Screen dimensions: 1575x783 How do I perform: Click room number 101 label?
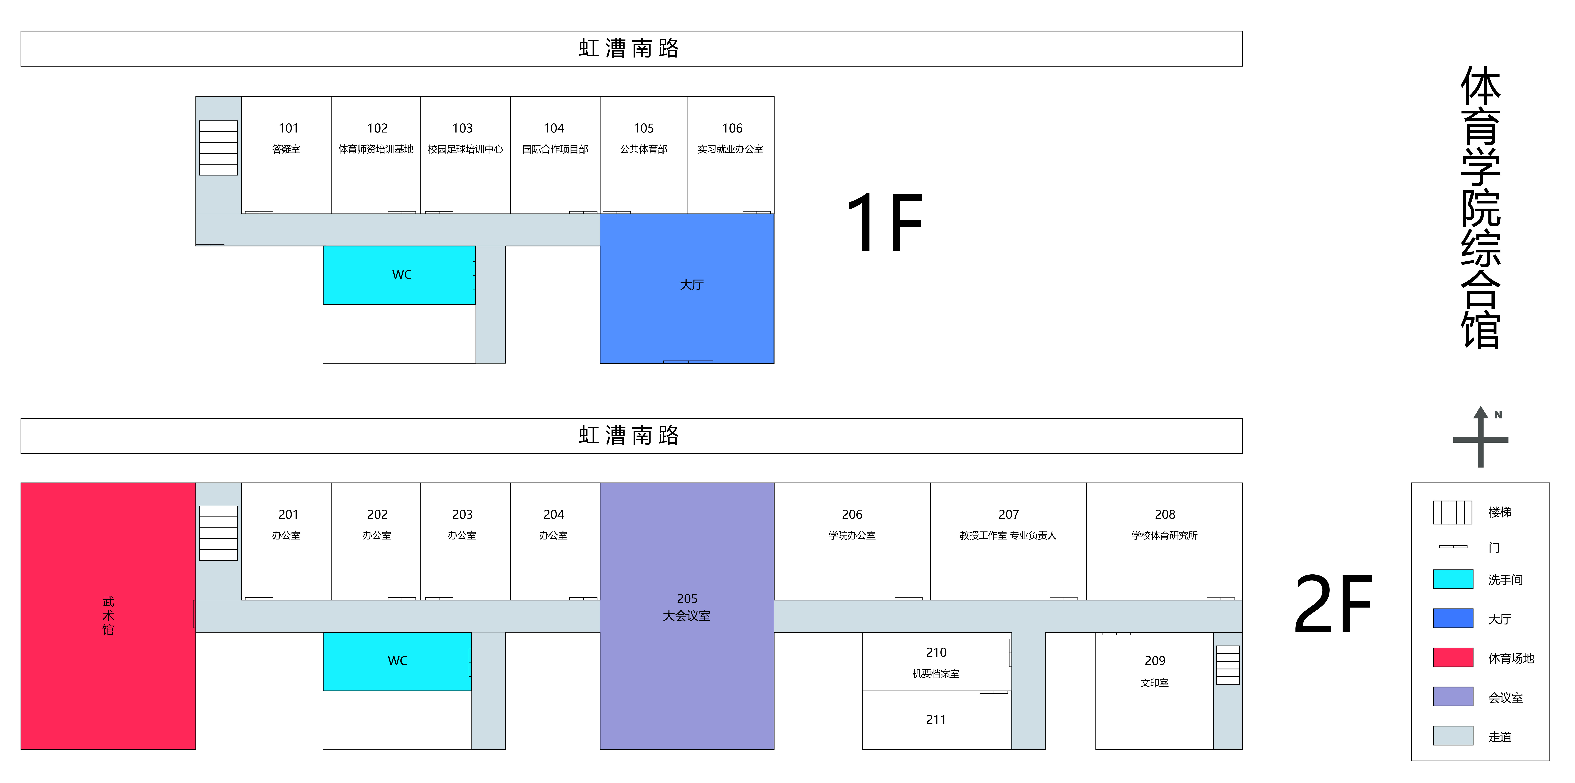[x=288, y=128]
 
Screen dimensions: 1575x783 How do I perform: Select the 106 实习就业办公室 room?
[x=731, y=155]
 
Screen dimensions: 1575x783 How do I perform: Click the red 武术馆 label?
[x=108, y=615]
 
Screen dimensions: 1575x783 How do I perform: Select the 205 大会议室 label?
[x=687, y=607]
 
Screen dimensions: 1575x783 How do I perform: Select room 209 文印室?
[x=1154, y=691]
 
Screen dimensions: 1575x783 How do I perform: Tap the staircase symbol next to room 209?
[x=1228, y=665]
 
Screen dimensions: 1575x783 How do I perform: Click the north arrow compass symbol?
[x=1481, y=437]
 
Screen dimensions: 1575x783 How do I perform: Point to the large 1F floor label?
[x=885, y=223]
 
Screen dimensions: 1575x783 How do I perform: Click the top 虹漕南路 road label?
[x=629, y=48]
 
